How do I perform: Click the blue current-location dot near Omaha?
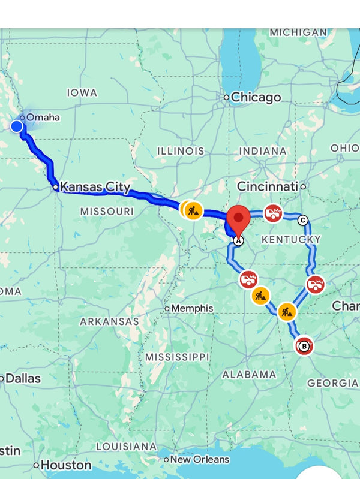tap(17, 126)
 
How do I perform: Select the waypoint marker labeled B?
tap(304, 346)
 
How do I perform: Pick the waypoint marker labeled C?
tap(302, 220)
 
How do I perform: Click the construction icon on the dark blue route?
tap(193, 210)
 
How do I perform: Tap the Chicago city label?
tap(256, 97)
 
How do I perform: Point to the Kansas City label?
tap(95, 188)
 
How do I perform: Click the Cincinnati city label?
tap(268, 187)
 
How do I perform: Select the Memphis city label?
tap(192, 308)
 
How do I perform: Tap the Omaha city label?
tap(43, 118)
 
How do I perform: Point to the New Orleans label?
tap(200, 460)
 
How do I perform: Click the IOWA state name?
tap(82, 92)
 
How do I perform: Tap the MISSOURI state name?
tap(107, 211)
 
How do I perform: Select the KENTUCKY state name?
tap(291, 240)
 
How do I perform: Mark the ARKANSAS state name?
tap(109, 321)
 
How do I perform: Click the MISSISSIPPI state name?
tap(177, 357)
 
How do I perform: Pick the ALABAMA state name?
tap(249, 374)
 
